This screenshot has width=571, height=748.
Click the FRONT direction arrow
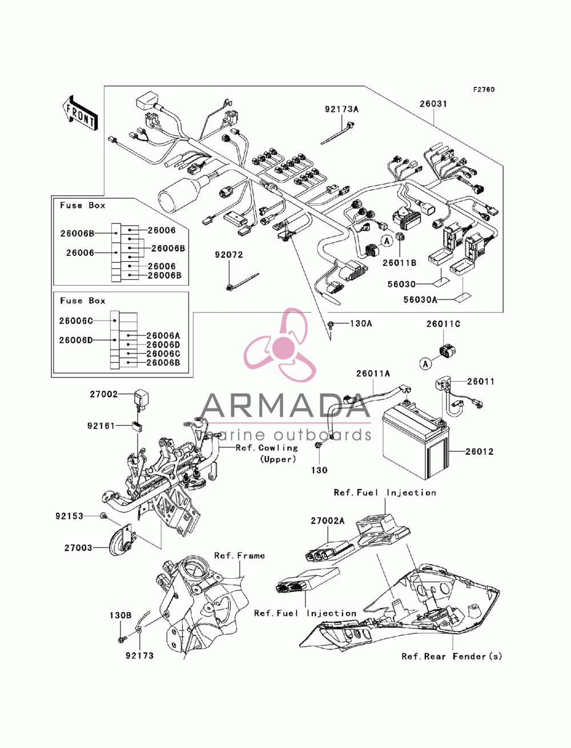pos(80,113)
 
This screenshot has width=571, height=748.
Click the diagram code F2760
pos(484,90)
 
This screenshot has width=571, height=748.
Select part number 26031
pos(433,103)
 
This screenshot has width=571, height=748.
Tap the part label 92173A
pos(341,109)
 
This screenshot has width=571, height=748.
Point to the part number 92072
pos(229,255)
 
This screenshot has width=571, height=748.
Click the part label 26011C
pos(443,324)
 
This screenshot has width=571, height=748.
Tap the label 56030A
pos(420,299)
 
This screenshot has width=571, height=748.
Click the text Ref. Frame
pos(239,555)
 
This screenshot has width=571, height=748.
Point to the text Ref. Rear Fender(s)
pos(452,656)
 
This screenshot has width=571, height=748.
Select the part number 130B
pos(120,615)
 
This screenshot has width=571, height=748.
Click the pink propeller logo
pos(280,345)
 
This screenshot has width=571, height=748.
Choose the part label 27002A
pos(328,521)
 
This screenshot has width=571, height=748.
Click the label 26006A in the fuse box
pos(163,335)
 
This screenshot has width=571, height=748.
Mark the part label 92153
pos(70,516)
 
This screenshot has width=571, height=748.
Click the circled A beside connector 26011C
pos(425,364)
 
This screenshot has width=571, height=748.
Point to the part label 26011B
pos(399,263)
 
